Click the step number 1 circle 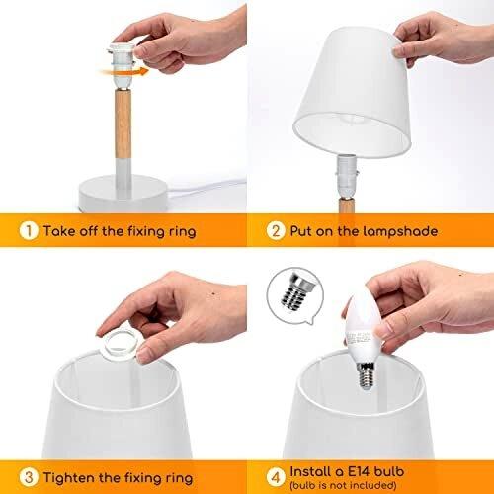click(29, 231)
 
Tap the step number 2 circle click(276, 230)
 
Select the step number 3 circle click(29, 477)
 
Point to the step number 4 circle click(276, 477)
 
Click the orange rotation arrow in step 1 click(125, 72)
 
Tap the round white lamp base click(123, 193)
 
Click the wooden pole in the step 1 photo click(123, 123)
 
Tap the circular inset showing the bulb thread click(295, 294)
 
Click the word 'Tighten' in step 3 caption click(66, 478)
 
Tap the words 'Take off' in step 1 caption click(71, 231)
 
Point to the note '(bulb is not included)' click(343, 485)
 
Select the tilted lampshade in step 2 click(353, 92)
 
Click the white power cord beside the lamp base click(207, 188)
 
